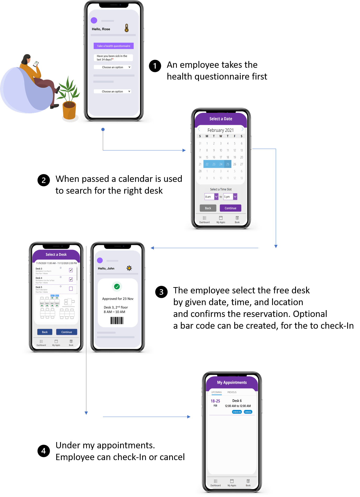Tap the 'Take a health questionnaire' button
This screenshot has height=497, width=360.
coord(114,46)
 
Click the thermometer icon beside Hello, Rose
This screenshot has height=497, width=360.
coord(127,28)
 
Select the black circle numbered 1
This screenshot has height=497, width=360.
coord(155,66)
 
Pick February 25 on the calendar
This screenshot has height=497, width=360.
coord(228,164)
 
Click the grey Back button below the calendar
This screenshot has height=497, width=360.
coord(208,208)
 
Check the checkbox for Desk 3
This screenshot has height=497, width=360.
coord(71,270)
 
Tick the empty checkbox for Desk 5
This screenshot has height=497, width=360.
coord(71,289)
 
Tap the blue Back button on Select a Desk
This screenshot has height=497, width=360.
coord(45,332)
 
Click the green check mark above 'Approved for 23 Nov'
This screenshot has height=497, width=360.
coord(117,287)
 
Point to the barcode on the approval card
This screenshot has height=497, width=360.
coord(117,321)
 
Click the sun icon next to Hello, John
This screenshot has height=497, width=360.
coord(129,268)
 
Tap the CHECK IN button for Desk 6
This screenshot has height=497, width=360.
coord(237,412)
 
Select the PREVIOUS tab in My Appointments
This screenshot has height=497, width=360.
coord(232,392)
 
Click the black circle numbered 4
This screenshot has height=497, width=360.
coord(44,451)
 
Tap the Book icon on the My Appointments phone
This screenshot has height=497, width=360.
coord(248,482)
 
